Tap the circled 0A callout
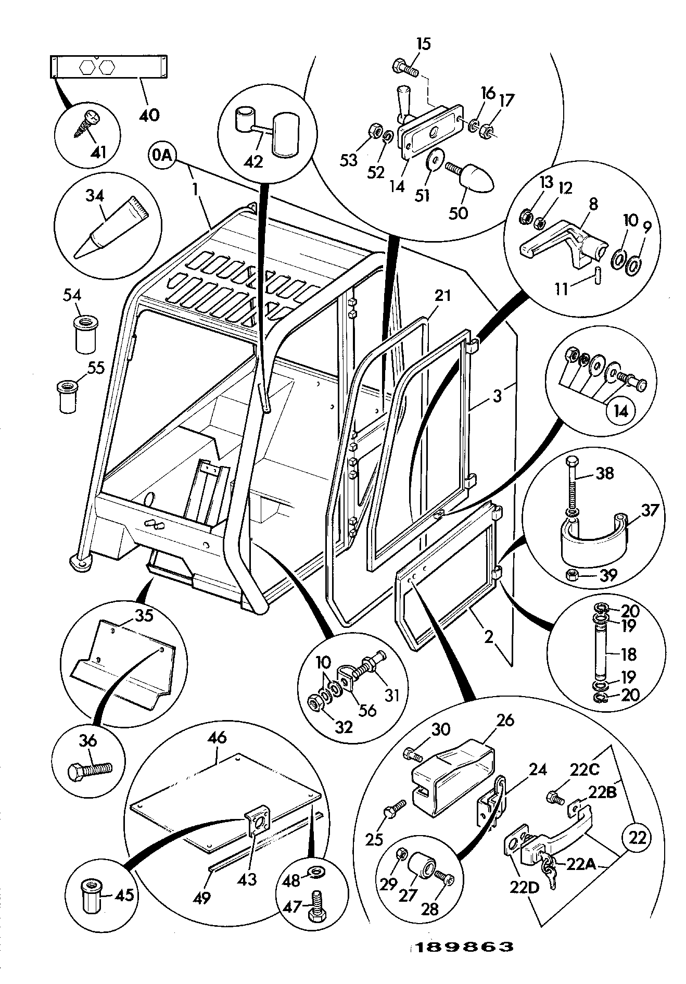pyautogui.click(x=163, y=155)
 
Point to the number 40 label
pyautogui.click(x=149, y=114)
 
